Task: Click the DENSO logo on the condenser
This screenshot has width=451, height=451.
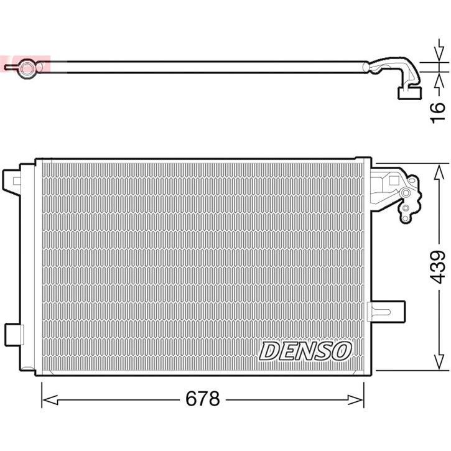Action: pyautogui.click(x=305, y=351)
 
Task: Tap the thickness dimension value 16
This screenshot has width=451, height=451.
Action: pyautogui.click(x=438, y=108)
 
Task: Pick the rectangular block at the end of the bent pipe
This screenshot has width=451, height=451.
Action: pyautogui.click(x=407, y=93)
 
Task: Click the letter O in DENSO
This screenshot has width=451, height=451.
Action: pyautogui.click(x=342, y=351)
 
